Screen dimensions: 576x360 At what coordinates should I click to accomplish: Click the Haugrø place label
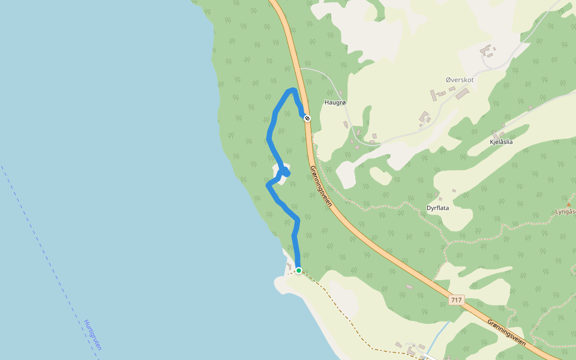point(336,103)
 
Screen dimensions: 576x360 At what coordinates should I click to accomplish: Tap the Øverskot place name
point(460,80)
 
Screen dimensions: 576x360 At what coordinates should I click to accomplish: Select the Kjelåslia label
point(500,142)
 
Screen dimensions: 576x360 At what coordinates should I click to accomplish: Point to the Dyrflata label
point(437,208)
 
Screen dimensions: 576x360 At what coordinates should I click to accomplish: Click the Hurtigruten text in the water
point(93,335)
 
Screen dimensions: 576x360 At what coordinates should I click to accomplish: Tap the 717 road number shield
point(456,299)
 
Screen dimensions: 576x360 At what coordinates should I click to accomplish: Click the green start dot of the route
point(298,271)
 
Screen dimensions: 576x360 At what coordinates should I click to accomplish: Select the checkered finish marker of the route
point(307,118)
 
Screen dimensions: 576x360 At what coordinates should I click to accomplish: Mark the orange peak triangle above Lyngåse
point(568,205)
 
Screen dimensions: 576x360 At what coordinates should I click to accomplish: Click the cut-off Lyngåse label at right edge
point(565,212)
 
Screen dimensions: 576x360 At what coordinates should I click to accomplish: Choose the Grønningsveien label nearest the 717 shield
point(506,331)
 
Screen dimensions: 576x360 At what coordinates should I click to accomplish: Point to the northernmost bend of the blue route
point(292,90)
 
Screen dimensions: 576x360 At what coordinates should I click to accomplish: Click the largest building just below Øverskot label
point(462,94)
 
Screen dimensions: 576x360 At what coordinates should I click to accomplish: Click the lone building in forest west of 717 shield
point(409,287)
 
